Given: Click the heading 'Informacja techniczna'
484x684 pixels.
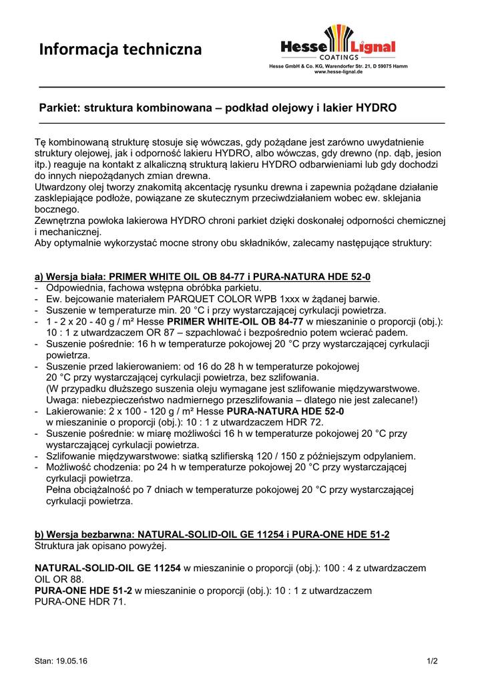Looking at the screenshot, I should tap(120, 49).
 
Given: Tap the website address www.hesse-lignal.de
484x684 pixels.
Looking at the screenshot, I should tap(338, 71).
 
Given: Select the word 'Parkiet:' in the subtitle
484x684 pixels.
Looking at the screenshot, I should tap(59, 107).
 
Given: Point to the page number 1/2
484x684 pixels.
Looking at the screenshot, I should tap(433, 661).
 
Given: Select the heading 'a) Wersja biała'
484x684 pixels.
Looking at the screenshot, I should tap(70, 277).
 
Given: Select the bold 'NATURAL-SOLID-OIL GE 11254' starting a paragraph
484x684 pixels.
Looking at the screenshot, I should tap(107, 568).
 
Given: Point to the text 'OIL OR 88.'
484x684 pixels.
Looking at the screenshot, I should tap(59, 578).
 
